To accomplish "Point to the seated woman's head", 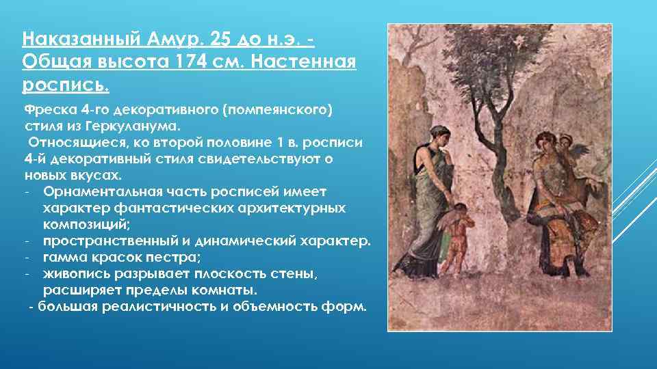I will point(543,145).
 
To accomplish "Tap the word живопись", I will point(78,273).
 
